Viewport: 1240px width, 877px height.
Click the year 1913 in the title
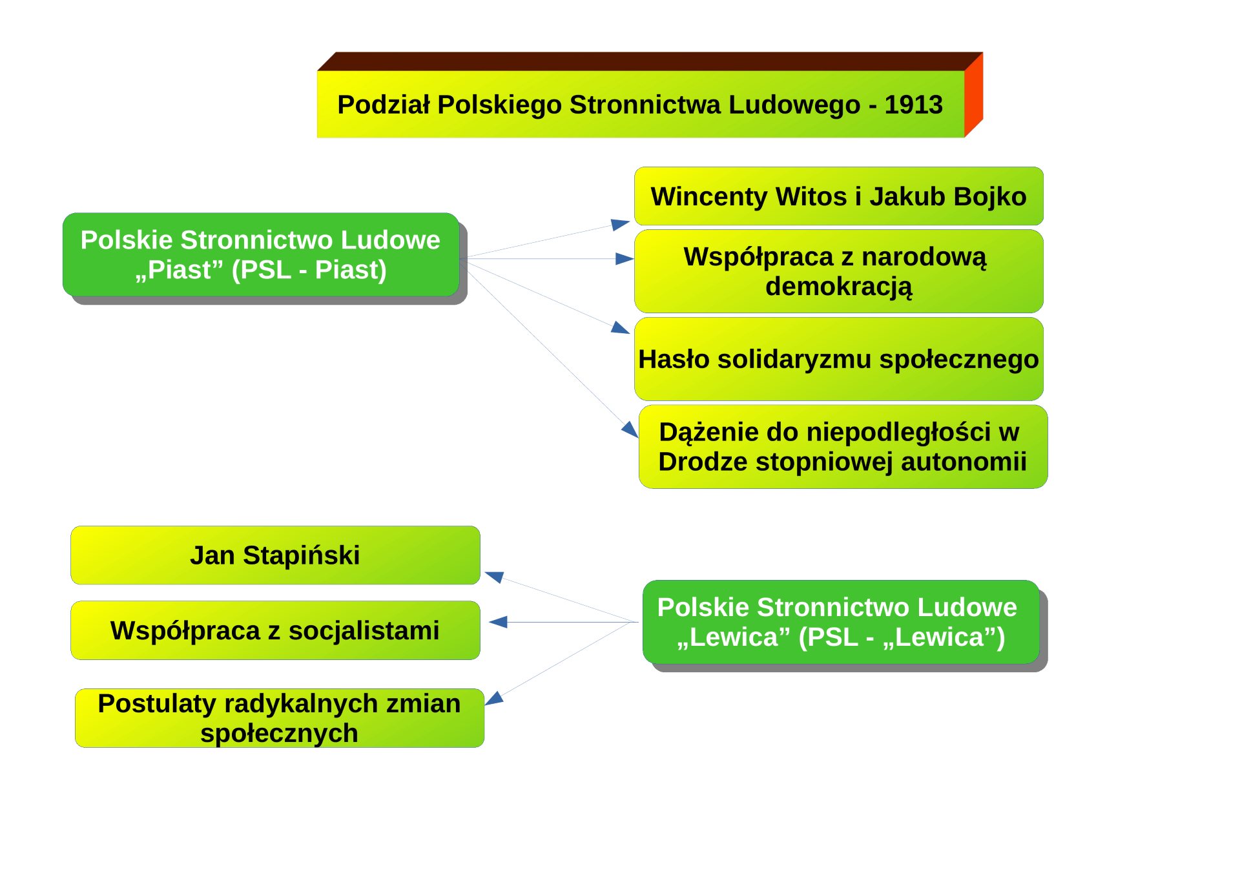[913, 105]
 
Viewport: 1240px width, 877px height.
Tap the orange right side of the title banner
[973, 95]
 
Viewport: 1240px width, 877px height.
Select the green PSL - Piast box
[261, 254]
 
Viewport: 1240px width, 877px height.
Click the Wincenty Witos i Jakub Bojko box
[838, 196]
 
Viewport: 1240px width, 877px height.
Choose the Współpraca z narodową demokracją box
[838, 271]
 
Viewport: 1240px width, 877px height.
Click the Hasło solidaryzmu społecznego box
[838, 359]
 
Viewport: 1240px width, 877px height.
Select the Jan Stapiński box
[275, 555]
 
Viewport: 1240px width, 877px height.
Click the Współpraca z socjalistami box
[275, 630]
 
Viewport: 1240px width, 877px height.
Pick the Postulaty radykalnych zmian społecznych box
[280, 718]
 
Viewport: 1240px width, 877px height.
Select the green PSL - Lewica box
[841, 622]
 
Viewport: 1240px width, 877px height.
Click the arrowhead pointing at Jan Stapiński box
[495, 577]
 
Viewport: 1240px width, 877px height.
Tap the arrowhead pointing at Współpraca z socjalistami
[499, 622]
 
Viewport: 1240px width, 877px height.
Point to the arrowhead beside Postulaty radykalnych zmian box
[494, 698]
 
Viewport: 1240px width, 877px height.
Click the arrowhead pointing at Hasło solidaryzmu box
[621, 328]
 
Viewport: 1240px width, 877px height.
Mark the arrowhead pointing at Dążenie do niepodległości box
[630, 429]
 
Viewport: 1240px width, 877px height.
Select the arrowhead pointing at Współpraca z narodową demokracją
[625, 259]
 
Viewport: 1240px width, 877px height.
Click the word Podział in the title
[384, 105]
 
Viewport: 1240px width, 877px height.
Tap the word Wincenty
[709, 196]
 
